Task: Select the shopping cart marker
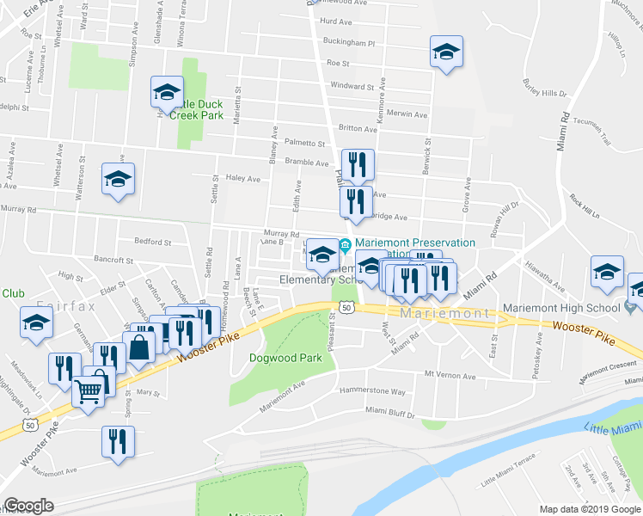[x=89, y=391]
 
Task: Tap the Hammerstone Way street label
[x=376, y=391]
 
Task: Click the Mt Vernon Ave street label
[x=450, y=376]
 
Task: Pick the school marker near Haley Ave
[x=119, y=178]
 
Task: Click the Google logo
[x=28, y=506]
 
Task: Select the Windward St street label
[x=353, y=87]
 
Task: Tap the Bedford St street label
[x=152, y=242]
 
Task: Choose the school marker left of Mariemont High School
[x=607, y=272]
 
